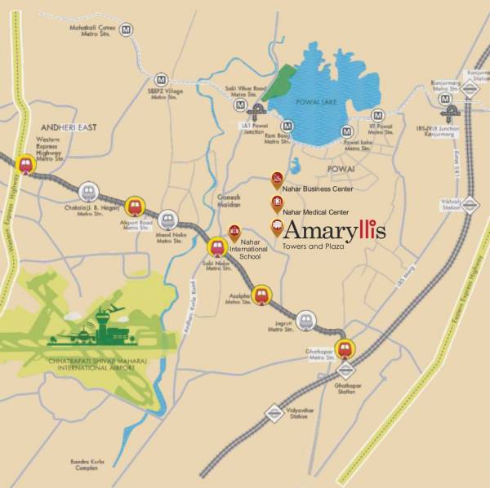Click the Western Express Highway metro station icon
point(24,163)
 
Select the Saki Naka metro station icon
point(217,246)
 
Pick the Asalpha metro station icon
point(261,295)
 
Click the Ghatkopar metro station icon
point(345,348)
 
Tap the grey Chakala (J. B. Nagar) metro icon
point(90,192)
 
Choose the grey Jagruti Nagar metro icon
point(305,320)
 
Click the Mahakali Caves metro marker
point(127,29)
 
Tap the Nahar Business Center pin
point(277,179)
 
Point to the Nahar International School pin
point(236,233)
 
